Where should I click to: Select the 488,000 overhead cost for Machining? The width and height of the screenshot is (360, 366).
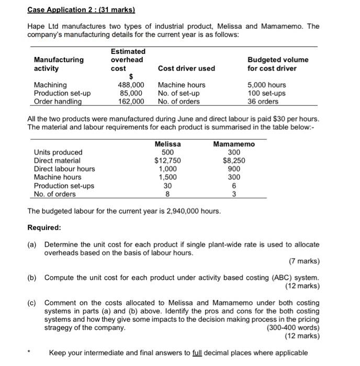[x=131, y=85]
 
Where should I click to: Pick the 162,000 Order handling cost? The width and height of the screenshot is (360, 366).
[x=131, y=101]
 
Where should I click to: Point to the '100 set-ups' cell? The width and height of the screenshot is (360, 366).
[x=267, y=93]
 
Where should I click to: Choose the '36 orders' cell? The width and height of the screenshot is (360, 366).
[x=263, y=101]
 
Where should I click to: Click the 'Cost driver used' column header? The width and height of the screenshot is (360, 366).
[x=186, y=68]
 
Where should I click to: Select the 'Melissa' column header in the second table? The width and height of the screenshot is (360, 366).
[x=168, y=144]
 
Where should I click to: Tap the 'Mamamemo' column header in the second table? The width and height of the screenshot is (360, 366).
[x=234, y=144]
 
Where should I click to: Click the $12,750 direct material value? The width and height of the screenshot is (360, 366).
[x=168, y=161]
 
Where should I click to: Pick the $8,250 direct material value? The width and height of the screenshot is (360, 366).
[x=234, y=161]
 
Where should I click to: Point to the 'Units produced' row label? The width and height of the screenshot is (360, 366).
[x=58, y=152]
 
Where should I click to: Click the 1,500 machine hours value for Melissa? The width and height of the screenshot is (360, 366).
[x=168, y=177]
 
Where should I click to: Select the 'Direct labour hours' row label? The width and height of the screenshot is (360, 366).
[x=64, y=169]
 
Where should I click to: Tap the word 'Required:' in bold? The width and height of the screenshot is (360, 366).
[x=44, y=228]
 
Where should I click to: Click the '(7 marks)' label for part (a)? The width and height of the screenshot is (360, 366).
[x=304, y=261]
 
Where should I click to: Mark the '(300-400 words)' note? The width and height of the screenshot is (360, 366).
[x=293, y=328]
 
